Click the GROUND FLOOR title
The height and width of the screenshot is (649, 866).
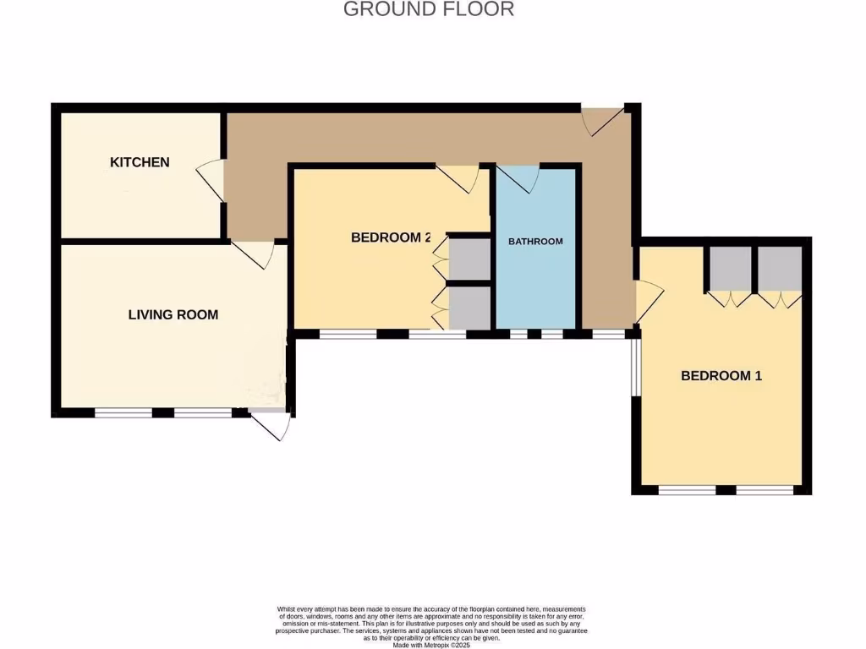coord(429,9)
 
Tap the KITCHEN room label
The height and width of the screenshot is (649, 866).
coord(140,162)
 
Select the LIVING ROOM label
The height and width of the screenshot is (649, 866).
coord(173,315)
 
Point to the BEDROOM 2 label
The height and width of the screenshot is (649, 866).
coord(391,238)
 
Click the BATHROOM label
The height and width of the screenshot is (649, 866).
coord(535,242)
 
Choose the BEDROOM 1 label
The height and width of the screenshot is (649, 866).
coord(721,376)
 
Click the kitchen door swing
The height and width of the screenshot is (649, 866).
coord(211,180)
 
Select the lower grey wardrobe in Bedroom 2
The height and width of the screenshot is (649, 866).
coord(469,308)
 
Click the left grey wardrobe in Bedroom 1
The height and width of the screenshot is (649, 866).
coord(729,269)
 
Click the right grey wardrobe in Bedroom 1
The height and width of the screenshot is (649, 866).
coord(779,269)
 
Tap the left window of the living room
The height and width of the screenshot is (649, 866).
coord(123,413)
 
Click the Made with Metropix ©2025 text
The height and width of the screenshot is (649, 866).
coord(431,645)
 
